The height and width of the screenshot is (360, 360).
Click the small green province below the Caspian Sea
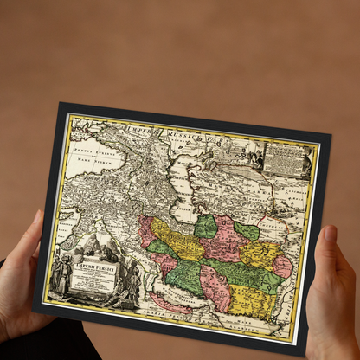pyautogui.click(x=205, y=227)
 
